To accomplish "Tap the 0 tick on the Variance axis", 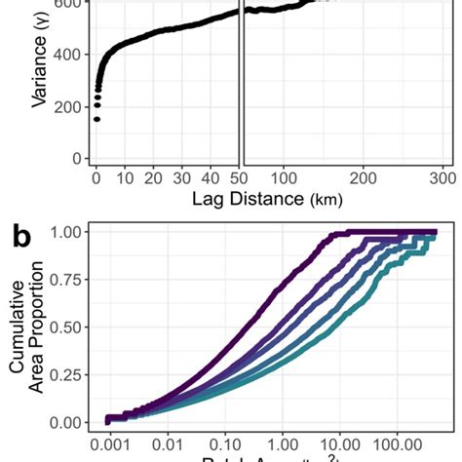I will (x=75, y=158).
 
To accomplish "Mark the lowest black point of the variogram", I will (x=96, y=120).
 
